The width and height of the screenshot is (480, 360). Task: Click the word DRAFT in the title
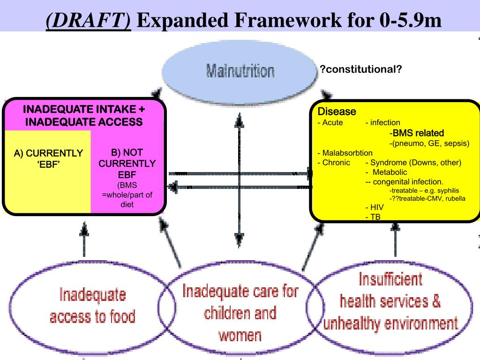click(x=89, y=20)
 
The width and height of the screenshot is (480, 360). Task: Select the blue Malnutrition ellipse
click(x=240, y=71)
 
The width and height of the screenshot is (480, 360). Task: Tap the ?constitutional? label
click(x=360, y=70)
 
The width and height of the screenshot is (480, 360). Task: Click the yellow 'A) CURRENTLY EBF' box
click(x=48, y=159)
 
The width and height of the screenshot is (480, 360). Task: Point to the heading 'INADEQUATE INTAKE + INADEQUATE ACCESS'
click(x=84, y=115)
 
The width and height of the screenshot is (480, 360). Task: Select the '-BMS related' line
click(x=419, y=133)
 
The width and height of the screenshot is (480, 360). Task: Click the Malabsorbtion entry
click(x=345, y=153)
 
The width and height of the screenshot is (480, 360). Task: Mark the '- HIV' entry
click(x=375, y=207)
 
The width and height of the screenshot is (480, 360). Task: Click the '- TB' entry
click(x=374, y=217)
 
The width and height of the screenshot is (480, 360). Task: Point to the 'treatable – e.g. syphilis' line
click(x=424, y=190)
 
